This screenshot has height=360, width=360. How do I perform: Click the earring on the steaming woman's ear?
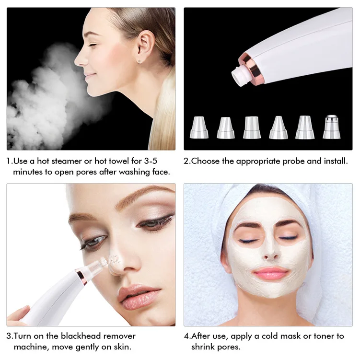pyautogui.click(x=139, y=61)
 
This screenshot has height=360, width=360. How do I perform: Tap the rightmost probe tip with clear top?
pyautogui.click(x=331, y=128)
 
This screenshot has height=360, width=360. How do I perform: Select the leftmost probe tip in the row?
pyautogui.click(x=198, y=128)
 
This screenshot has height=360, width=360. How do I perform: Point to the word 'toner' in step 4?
pyautogui.click(x=322, y=336)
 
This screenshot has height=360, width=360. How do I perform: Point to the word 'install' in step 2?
pyautogui.click(x=333, y=161)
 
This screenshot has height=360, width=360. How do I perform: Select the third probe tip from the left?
pyautogui.click(x=252, y=128)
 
